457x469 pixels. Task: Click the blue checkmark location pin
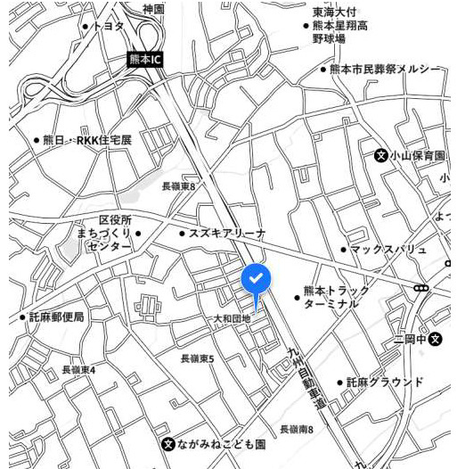(255, 280)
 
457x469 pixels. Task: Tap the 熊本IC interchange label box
(144, 60)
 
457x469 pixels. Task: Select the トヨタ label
(108, 27)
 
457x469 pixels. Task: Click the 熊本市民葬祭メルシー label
(385, 69)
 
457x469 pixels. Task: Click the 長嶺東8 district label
(178, 186)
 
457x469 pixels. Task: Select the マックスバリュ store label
(388, 249)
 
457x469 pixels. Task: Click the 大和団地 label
(232, 317)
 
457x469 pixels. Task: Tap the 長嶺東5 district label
(197, 358)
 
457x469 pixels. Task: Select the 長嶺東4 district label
(78, 369)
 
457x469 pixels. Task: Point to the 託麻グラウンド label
(385, 382)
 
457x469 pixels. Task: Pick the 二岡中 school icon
(436, 340)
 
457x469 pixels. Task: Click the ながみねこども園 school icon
(167, 443)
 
